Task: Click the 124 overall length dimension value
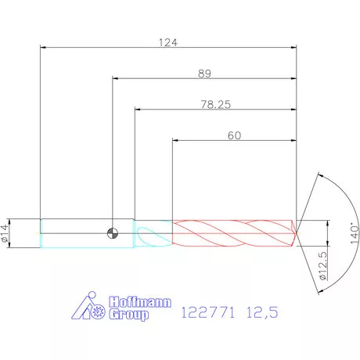pyautogui.click(x=168, y=42)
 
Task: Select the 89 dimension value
pyautogui.click(x=204, y=74)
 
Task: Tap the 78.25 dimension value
pyautogui.click(x=216, y=104)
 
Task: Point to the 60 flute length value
pyautogui.click(x=234, y=135)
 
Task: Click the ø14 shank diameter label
pyautogui.click(x=5, y=233)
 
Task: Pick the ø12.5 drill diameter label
pyautogui.click(x=323, y=265)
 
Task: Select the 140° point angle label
pyautogui.click(x=355, y=233)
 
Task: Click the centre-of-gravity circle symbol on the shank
pyautogui.click(x=113, y=233)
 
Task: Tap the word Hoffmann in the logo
pyautogui.click(x=140, y=302)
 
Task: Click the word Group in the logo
pyautogui.click(x=129, y=314)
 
